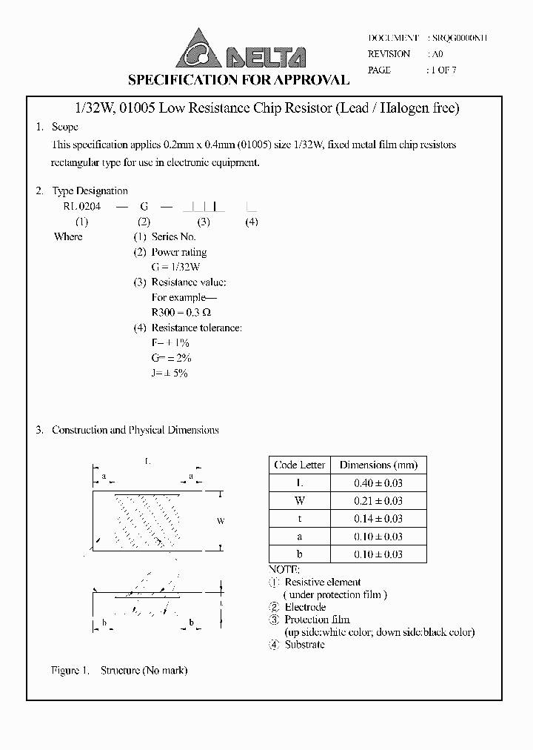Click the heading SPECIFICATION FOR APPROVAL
(x=238, y=80)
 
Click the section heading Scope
(x=65, y=127)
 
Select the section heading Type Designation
(x=90, y=191)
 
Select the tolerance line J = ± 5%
(x=170, y=374)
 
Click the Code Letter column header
(x=300, y=465)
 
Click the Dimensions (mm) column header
(x=378, y=465)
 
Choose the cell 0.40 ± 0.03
(x=378, y=483)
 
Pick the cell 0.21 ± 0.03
(x=378, y=501)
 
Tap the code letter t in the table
(x=300, y=519)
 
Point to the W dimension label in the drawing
(x=221, y=522)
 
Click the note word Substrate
(x=305, y=645)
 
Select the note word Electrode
(x=305, y=607)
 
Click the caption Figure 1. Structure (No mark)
(x=119, y=671)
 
